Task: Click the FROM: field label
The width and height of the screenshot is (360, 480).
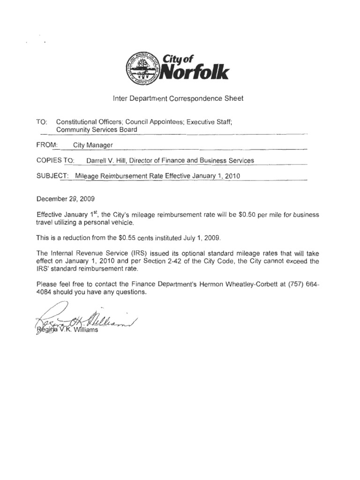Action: (x=46, y=145)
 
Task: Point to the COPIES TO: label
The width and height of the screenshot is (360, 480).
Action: (x=55, y=160)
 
